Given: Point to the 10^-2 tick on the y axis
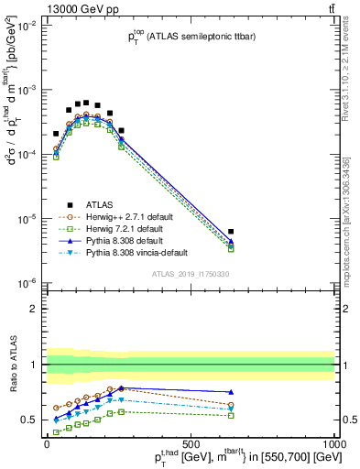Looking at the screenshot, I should click(x=28, y=26).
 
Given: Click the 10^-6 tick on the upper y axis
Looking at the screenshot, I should click(x=28, y=283).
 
